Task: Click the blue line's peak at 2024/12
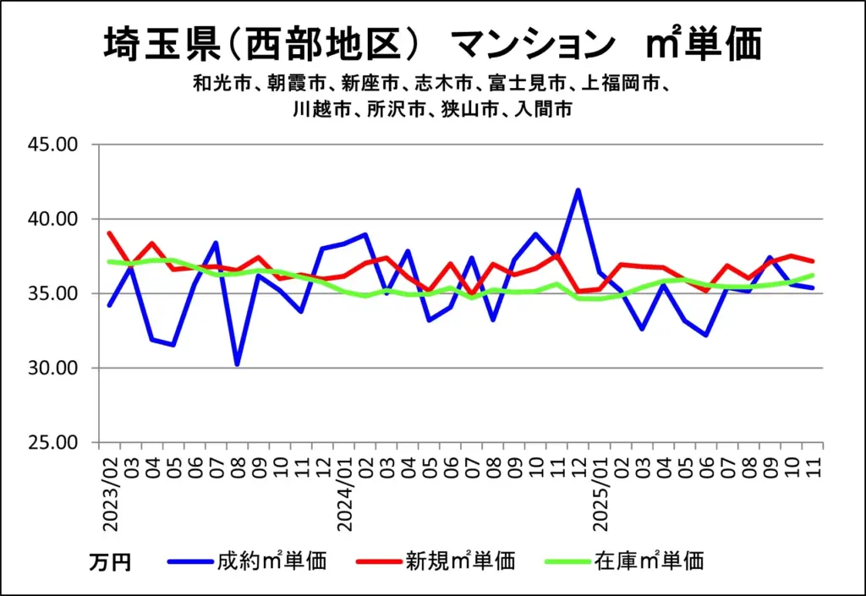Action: tap(578, 190)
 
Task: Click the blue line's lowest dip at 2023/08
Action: tap(237, 364)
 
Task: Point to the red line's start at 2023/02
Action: tap(110, 232)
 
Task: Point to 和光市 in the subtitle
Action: tap(215, 85)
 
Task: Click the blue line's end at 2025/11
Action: tap(813, 288)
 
